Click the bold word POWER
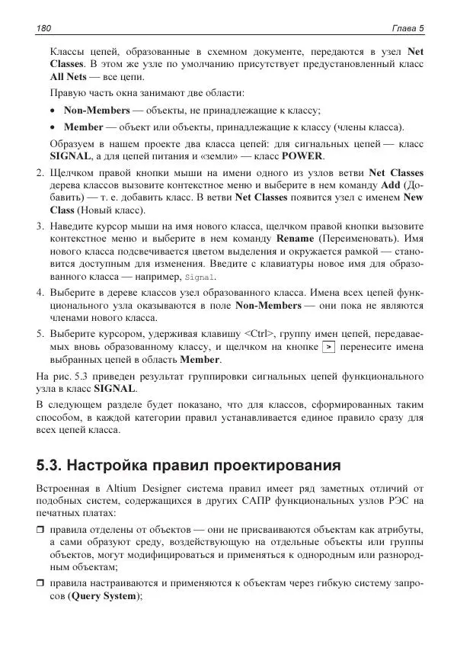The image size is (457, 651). pos(302,156)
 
